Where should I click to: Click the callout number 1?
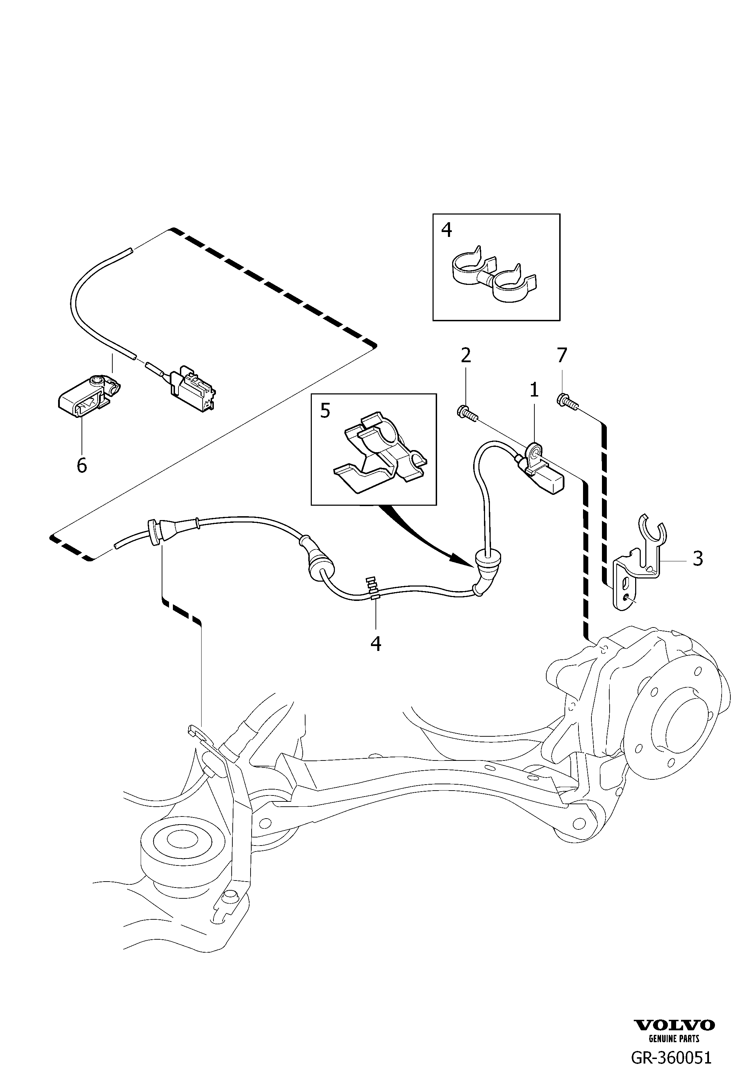point(534,390)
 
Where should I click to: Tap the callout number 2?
point(466,356)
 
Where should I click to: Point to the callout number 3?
point(698,559)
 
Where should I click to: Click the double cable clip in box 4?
point(495,276)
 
